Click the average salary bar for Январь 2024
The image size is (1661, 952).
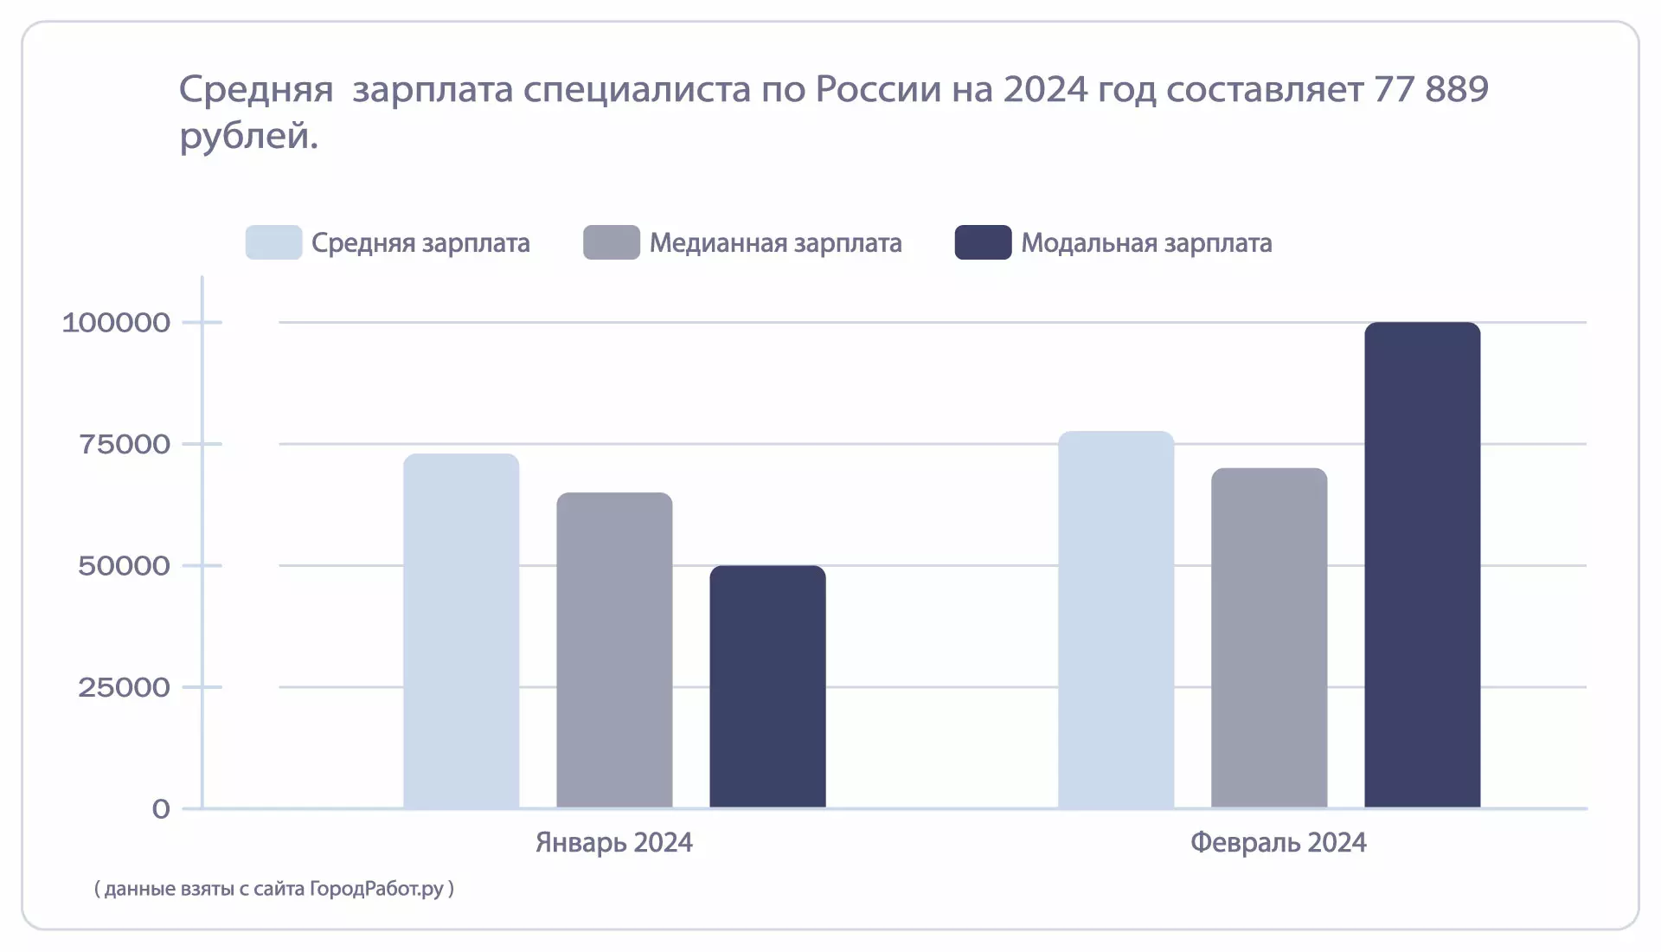pos(461,632)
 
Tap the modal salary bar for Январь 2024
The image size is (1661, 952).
pos(767,687)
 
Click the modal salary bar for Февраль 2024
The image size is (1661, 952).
pos(1422,566)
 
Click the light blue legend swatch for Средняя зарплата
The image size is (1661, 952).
pos(273,243)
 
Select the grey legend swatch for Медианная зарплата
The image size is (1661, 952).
pos(612,243)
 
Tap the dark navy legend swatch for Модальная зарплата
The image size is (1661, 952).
pos(983,243)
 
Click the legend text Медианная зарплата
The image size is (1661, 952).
pos(775,243)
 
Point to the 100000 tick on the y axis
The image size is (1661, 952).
pos(116,323)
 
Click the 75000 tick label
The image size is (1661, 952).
pos(125,445)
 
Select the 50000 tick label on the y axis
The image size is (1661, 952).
pos(124,566)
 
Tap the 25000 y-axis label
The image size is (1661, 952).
pos(124,688)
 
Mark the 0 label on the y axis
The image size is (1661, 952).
pos(161,809)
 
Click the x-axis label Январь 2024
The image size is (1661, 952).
pos(614,843)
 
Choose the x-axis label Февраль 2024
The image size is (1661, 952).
pos(1278,843)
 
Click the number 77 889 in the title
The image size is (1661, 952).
pos(1431,89)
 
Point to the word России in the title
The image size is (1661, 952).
pos(878,89)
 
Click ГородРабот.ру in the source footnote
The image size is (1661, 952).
pos(376,889)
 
